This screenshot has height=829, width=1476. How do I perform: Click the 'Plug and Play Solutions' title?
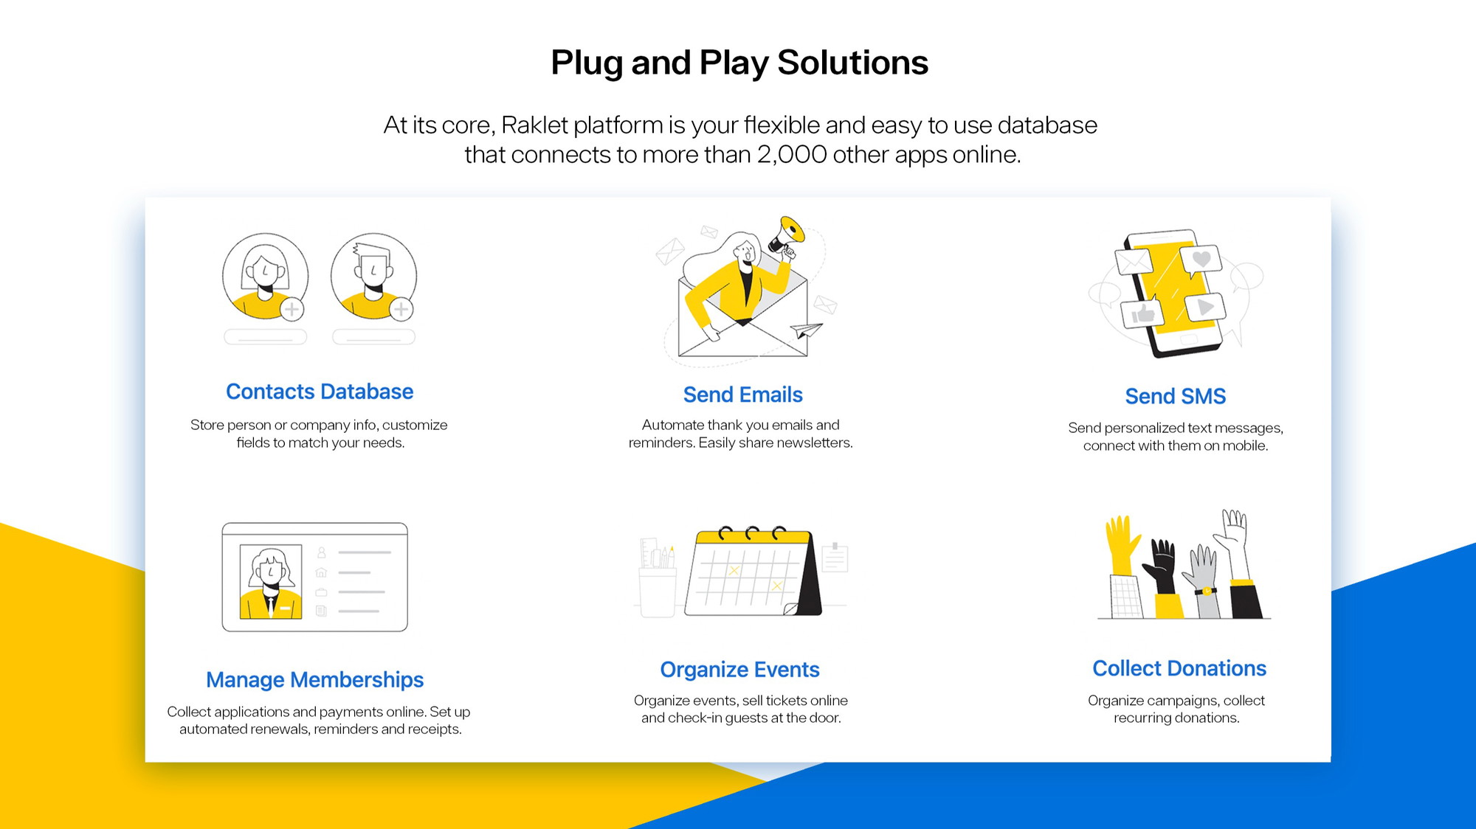click(x=739, y=63)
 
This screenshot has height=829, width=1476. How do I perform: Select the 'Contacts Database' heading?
click(x=320, y=392)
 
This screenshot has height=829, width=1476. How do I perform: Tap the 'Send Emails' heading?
click(x=742, y=395)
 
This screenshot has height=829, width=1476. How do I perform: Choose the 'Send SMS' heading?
click(x=1175, y=396)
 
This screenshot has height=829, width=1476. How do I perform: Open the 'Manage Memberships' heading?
click(x=315, y=679)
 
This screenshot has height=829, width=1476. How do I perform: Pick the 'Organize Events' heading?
click(x=739, y=670)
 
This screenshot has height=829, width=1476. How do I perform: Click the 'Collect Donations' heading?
click(x=1179, y=668)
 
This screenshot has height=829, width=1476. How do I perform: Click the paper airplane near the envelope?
click(x=806, y=330)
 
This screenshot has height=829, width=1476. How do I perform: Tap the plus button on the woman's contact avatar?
click(x=292, y=309)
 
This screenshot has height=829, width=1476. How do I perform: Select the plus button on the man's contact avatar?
click(x=401, y=309)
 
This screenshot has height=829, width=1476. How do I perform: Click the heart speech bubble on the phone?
click(x=1201, y=260)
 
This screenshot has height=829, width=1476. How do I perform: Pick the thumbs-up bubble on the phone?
click(x=1142, y=313)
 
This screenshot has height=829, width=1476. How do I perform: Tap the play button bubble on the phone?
click(x=1204, y=307)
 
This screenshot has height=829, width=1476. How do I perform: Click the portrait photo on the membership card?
click(x=271, y=581)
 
